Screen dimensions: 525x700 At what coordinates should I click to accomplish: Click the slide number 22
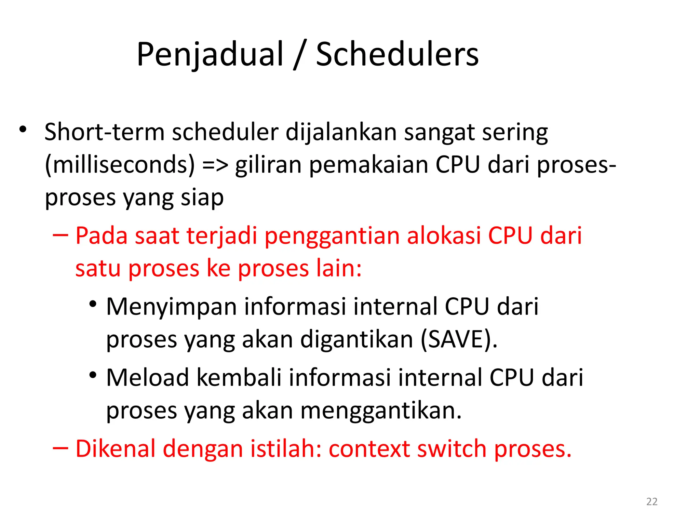652,501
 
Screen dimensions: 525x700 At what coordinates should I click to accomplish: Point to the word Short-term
105,132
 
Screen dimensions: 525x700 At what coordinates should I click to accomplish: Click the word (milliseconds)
120,165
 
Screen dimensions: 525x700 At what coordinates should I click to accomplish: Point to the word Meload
148,378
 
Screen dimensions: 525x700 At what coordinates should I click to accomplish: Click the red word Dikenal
115,448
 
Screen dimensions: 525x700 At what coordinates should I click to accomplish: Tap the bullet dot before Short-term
23,130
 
